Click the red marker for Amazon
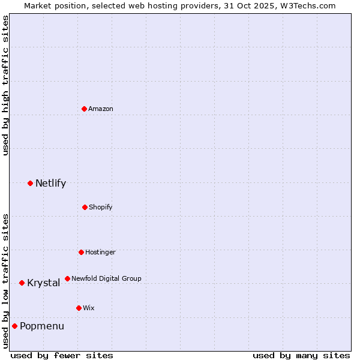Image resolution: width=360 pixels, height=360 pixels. coord(85,109)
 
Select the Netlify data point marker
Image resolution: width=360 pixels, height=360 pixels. coord(30,183)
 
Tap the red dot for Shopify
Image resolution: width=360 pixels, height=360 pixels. coord(85,207)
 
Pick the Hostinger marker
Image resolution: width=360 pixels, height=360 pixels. coord(81,252)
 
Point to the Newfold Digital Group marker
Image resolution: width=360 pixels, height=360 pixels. coord(67,278)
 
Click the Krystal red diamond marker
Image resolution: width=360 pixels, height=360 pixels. coord(22,283)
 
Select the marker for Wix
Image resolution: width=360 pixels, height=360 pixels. coord(79,308)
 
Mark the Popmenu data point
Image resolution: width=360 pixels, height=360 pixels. coord(14,326)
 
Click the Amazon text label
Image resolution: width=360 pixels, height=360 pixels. coord(101,109)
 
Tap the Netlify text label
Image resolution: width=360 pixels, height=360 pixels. coord(50,183)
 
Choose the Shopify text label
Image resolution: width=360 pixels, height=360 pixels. coord(101,207)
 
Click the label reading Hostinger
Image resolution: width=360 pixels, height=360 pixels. coord(100,252)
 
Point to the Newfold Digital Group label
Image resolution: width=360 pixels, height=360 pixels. coord(106,278)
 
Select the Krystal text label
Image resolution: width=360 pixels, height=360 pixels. coord(43,283)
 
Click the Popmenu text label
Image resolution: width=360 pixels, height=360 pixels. coord(42,326)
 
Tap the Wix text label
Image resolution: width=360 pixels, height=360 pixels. coord(89,308)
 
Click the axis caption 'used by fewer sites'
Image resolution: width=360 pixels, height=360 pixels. coord(62,355)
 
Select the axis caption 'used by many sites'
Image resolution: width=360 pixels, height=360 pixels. coord(301,355)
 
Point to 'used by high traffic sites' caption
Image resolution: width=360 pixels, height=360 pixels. coord(5,85)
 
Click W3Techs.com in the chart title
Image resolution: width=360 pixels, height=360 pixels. coord(307,5)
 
